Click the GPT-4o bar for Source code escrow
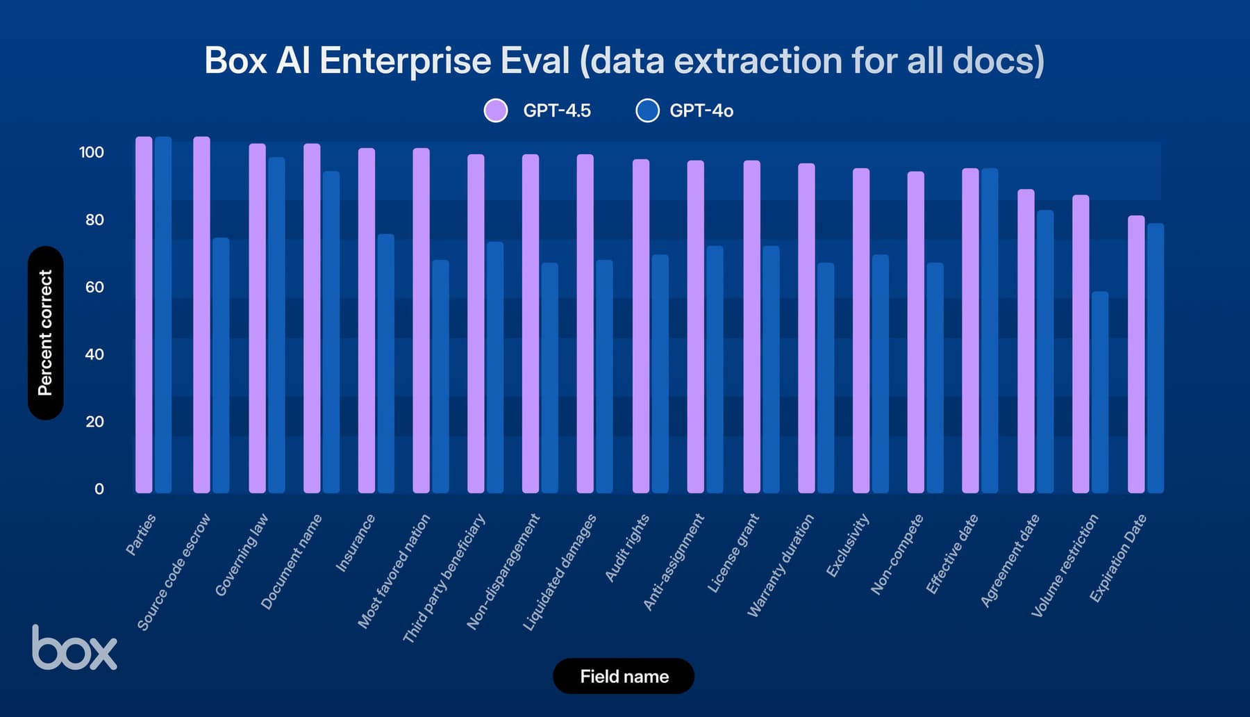pyautogui.click(x=221, y=365)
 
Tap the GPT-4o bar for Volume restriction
pyautogui.click(x=1099, y=393)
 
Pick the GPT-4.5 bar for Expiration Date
pyautogui.click(x=1136, y=354)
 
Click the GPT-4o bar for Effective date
pyautogui.click(x=990, y=331)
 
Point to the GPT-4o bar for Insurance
pyautogui.click(x=385, y=363)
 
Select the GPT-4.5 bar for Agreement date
pyautogui.click(x=1026, y=341)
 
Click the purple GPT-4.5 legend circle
pyautogui.click(x=496, y=110)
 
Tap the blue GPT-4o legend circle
pyautogui.click(x=647, y=110)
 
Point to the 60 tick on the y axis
pyautogui.click(x=94, y=287)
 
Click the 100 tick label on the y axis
pyautogui.click(x=92, y=152)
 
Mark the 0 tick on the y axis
pyautogui.click(x=99, y=489)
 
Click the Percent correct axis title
pyautogui.click(x=46, y=333)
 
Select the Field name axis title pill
pyautogui.click(x=624, y=676)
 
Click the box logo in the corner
pyautogui.click(x=74, y=648)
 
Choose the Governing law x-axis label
pyautogui.click(x=242, y=555)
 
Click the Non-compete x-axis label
pyautogui.click(x=897, y=554)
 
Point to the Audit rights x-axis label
pyautogui.click(x=627, y=548)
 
